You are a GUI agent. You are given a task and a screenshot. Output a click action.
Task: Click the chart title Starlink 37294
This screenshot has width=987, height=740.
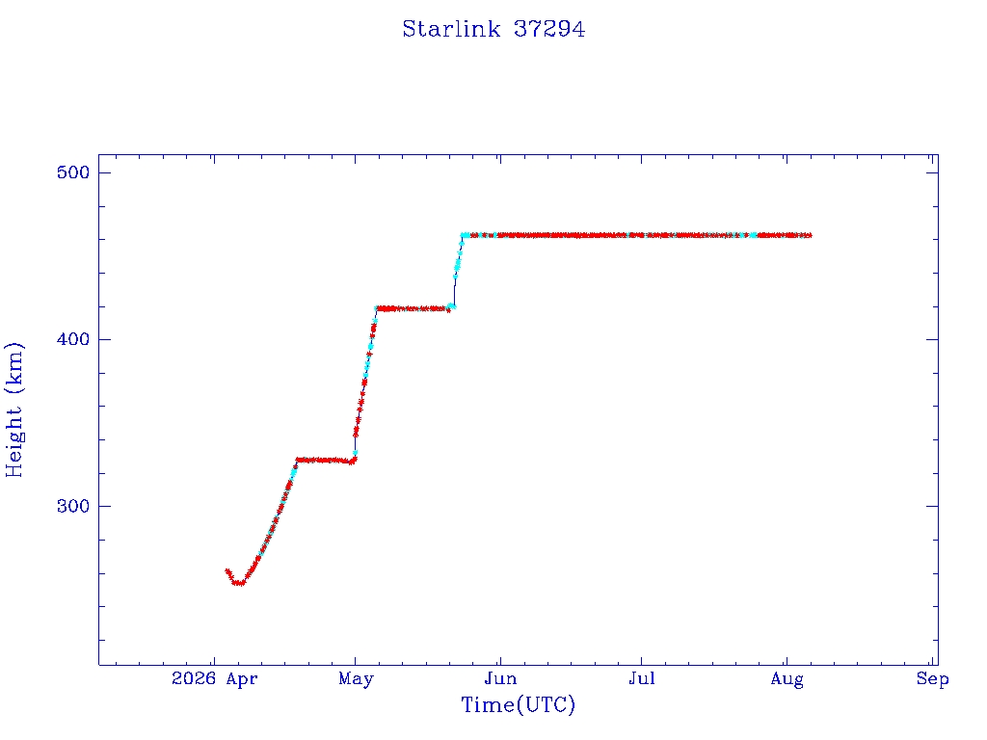(493, 29)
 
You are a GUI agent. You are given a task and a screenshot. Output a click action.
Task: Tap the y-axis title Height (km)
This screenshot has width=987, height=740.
(13, 410)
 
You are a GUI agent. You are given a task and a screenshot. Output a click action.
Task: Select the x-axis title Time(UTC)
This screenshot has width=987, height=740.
(518, 704)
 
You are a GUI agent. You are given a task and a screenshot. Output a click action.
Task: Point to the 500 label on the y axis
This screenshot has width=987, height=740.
(73, 172)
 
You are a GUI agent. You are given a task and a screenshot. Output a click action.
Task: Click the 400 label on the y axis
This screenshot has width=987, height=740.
(73, 339)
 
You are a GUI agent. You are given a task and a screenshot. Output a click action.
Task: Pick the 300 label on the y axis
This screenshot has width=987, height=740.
(73, 506)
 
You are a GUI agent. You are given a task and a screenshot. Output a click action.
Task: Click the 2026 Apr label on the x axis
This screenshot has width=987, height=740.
(214, 679)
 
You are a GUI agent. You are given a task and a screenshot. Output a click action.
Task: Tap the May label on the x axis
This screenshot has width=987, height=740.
(356, 679)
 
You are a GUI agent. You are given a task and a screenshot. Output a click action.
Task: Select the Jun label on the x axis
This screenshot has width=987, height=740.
(500, 679)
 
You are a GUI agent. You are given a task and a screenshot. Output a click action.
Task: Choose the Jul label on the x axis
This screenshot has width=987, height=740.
(641, 679)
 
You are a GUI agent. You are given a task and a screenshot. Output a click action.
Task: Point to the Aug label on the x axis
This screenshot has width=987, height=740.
(787, 679)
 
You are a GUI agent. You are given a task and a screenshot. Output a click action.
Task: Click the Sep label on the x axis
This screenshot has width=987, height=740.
(932, 679)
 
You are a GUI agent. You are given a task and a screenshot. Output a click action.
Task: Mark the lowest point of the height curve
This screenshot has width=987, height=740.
(238, 583)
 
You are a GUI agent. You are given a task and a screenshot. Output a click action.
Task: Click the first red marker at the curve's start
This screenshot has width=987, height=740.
(227, 570)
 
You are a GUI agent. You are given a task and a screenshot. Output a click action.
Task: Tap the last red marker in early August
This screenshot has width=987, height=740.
(809, 235)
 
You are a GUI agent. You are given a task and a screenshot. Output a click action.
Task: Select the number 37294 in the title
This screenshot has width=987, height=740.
(548, 29)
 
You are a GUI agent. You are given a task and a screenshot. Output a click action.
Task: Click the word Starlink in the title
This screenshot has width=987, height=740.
(451, 29)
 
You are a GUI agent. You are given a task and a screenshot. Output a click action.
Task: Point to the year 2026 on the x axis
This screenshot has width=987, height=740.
(194, 679)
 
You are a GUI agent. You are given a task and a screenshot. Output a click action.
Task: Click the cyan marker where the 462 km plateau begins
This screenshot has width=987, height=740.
(465, 235)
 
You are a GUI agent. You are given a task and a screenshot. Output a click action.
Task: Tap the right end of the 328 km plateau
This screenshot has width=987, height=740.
(353, 462)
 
